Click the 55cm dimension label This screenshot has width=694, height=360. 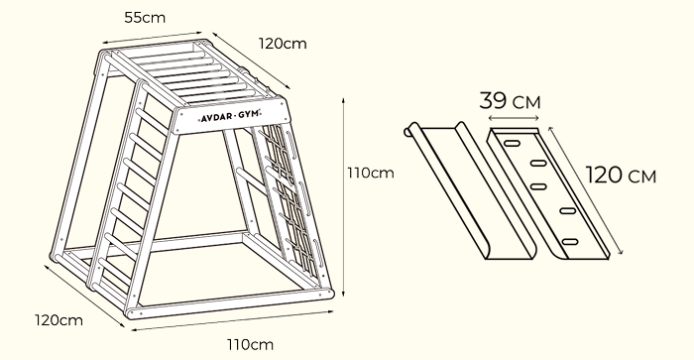tap(144, 17)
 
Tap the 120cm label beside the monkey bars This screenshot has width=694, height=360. tap(283, 43)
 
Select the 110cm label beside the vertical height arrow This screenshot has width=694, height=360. tap(370, 174)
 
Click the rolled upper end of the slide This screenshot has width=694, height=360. tap(410, 131)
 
